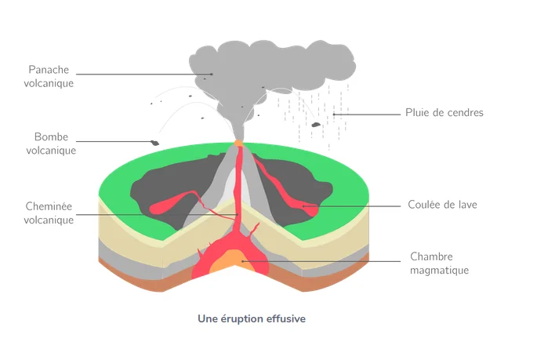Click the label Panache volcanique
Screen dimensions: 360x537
point(49,75)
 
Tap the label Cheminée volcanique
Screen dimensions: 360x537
point(49,213)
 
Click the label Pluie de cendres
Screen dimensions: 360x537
point(444,113)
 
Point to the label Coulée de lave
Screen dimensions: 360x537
point(442,205)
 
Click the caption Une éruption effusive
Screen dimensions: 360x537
point(252,319)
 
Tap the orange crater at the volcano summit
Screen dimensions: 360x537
point(238,144)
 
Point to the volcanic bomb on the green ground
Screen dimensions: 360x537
point(155,143)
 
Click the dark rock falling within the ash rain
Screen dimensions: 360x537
point(316,124)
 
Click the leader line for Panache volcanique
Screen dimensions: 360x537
point(141,75)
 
